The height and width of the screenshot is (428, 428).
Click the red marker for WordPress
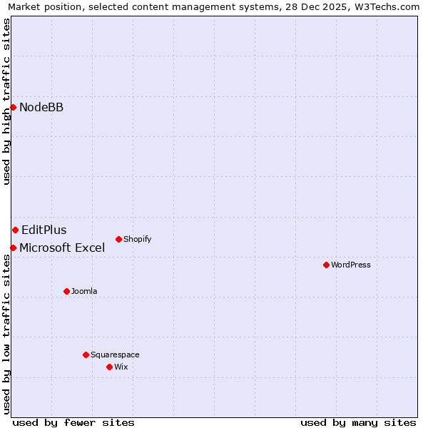326,265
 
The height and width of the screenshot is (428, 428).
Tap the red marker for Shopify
118,239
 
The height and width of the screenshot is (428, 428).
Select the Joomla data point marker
66,291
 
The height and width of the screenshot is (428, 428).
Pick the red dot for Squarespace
86,355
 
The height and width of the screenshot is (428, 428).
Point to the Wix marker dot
109,367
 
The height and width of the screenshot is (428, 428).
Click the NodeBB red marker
13,107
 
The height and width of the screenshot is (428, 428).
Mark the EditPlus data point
15,230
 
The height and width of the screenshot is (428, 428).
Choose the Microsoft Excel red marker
13,248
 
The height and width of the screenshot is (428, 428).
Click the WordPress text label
351,265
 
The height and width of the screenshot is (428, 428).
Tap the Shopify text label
138,239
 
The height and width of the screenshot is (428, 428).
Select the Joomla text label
84,291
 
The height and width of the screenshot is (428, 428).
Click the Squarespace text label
115,355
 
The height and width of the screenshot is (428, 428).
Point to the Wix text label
121,367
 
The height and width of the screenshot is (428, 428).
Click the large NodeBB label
41,107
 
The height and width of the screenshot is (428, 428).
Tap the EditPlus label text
44,230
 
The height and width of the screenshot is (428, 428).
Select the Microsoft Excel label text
62,248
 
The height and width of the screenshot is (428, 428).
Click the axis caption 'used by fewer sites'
73,422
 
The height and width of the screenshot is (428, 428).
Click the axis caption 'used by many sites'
358,422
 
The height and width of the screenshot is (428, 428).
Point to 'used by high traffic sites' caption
6,101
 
